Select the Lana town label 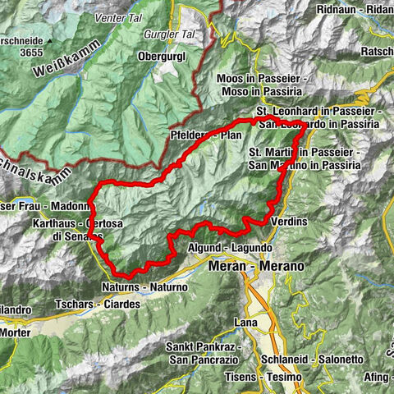coord(246,322)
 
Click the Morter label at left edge coord(15,333)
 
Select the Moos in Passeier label coord(262,78)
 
